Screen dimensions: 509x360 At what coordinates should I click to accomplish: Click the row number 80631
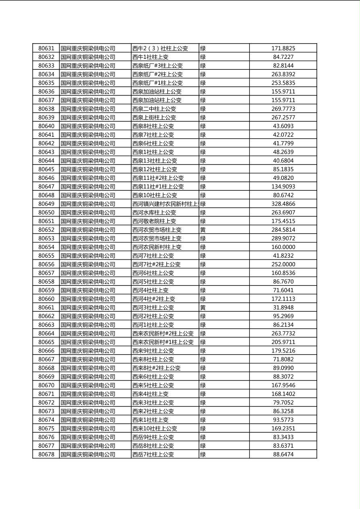(46, 48)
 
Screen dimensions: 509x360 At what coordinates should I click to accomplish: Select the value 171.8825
(283, 48)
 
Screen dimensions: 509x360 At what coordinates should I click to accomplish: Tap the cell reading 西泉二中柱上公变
(154, 109)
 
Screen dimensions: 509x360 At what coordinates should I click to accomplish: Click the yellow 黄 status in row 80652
(203, 230)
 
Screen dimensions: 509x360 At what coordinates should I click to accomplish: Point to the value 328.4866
(283, 204)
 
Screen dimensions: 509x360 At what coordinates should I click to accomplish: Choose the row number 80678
(46, 455)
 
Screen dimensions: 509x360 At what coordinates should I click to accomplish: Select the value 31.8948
(283, 308)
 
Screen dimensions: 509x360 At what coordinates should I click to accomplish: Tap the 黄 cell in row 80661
(203, 308)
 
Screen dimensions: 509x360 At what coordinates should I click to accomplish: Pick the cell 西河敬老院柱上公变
(154, 221)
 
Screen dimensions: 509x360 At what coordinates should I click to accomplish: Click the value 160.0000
(283, 247)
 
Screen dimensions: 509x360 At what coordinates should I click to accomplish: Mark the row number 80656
(46, 265)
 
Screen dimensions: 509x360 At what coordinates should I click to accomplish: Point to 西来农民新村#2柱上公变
(163, 334)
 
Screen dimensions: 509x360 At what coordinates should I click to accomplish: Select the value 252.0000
(283, 265)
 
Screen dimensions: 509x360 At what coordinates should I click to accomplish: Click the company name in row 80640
(88, 126)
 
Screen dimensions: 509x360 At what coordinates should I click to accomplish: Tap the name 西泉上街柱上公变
(154, 118)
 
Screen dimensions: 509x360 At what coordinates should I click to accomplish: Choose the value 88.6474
(283, 455)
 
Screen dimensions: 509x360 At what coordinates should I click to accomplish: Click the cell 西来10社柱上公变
(155, 429)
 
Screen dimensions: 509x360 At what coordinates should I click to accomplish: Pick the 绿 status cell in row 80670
(203, 386)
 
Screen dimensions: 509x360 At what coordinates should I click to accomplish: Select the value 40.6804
(283, 161)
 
